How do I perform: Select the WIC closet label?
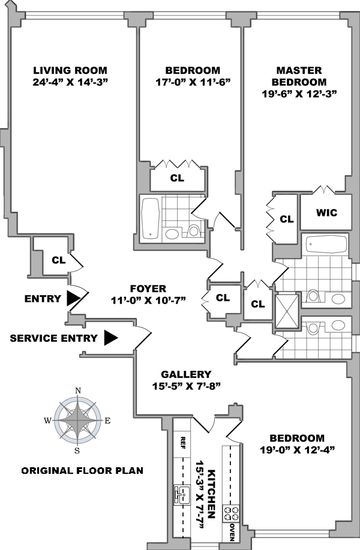(x=326, y=213)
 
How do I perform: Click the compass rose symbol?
(x=77, y=420)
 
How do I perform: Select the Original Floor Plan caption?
(x=82, y=470)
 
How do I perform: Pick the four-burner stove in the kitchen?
(x=231, y=513)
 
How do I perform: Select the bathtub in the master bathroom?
(x=326, y=245)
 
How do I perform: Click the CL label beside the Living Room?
(x=58, y=260)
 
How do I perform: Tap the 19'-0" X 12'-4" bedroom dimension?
(x=296, y=449)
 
